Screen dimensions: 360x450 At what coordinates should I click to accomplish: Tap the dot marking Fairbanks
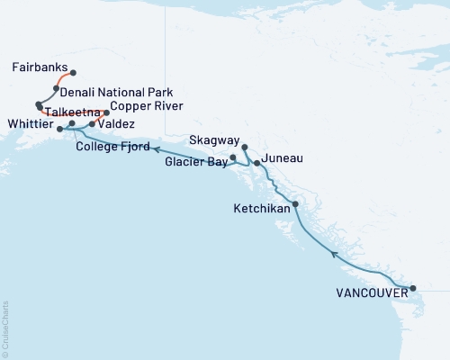73,73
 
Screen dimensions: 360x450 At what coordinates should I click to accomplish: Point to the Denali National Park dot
56,88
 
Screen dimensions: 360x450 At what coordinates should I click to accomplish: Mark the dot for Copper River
107,112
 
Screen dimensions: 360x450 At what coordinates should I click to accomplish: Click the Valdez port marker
93,123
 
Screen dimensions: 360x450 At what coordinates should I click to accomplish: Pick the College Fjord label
111,147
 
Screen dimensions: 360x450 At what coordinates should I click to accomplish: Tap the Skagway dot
245,145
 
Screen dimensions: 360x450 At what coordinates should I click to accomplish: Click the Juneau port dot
257,163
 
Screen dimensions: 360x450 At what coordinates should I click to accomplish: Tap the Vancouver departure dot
413,289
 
